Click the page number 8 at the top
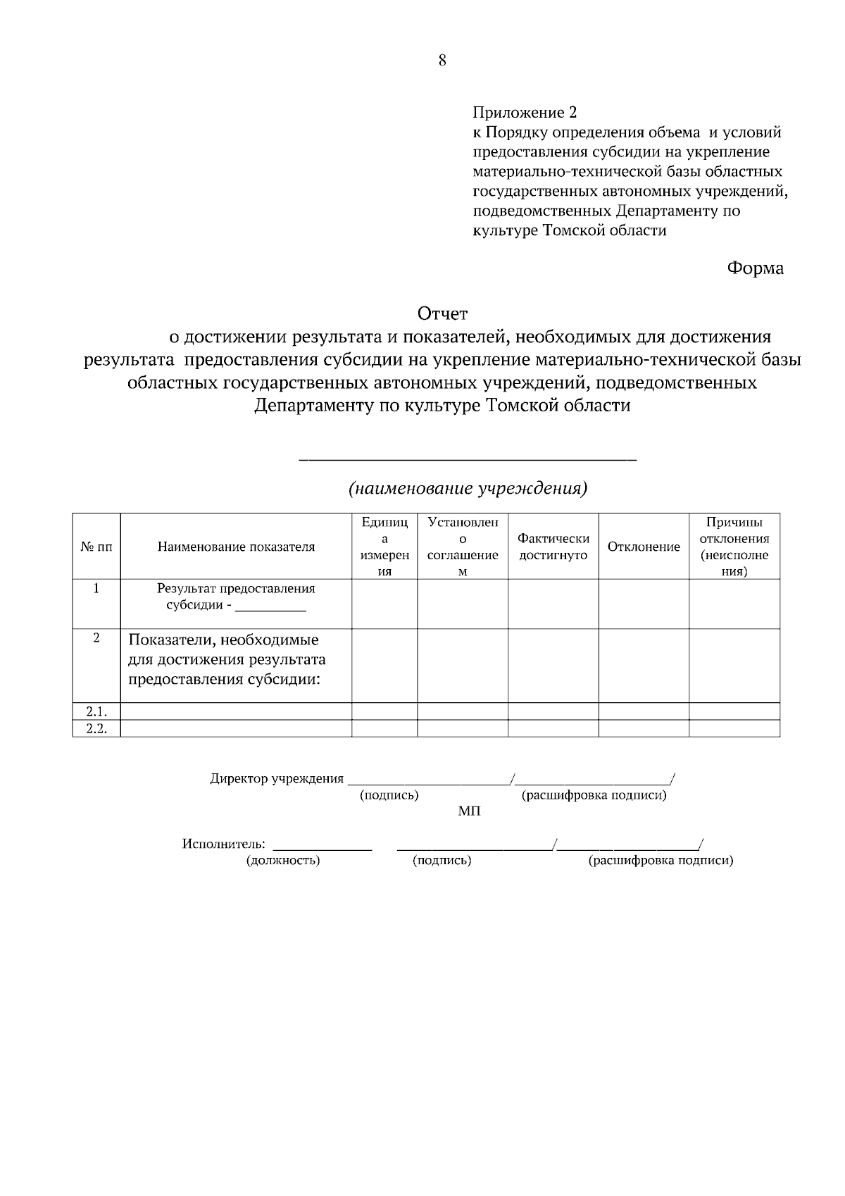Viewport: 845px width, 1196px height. (x=442, y=61)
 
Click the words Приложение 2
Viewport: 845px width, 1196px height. (x=525, y=113)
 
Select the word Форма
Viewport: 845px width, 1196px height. (x=755, y=268)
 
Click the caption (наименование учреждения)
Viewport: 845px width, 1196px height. (x=468, y=488)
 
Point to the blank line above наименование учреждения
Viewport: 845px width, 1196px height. (x=468, y=459)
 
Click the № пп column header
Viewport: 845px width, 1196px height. (x=96, y=547)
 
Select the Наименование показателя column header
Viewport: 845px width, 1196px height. (x=236, y=547)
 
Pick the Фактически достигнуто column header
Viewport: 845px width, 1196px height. (x=553, y=547)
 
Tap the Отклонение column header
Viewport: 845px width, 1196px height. (x=644, y=547)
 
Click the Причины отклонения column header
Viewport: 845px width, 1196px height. (x=734, y=547)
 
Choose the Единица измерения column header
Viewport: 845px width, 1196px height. (x=384, y=547)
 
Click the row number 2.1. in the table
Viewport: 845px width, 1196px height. (x=96, y=711)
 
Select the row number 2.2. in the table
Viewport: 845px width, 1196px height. (x=96, y=729)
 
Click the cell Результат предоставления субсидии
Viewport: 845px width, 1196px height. (x=236, y=597)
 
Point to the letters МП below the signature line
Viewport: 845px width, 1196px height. (x=470, y=812)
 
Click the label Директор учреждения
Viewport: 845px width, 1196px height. (x=277, y=779)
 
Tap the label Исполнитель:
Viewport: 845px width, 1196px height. (x=224, y=844)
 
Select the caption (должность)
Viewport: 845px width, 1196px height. (x=283, y=860)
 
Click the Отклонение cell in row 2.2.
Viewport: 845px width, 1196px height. (x=644, y=729)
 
